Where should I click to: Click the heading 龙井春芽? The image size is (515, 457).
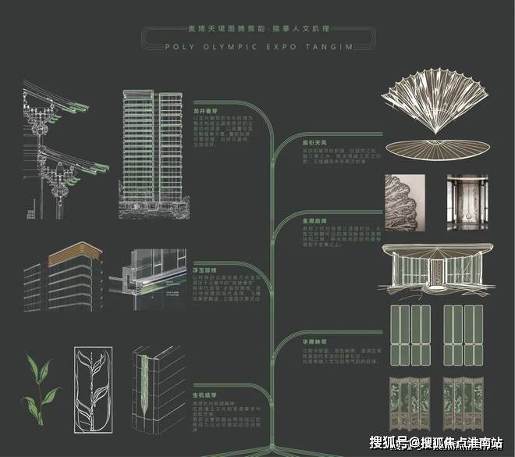[204, 112]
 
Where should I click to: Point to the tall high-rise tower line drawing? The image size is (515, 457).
[151, 152]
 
